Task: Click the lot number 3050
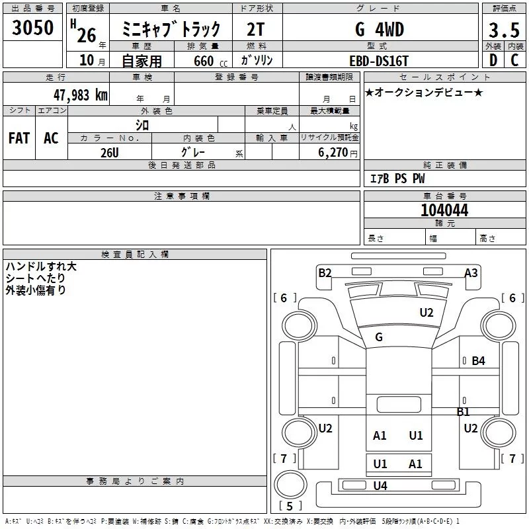pyautogui.click(x=32, y=28)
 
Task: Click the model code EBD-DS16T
pyautogui.click(x=379, y=60)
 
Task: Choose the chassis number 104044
pyautogui.click(x=444, y=210)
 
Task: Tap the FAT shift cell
pyautogui.click(x=19, y=138)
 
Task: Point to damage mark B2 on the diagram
pyautogui.click(x=325, y=272)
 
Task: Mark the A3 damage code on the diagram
pyautogui.click(x=471, y=272)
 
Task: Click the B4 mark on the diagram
pyautogui.click(x=478, y=361)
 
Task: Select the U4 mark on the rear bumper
pyautogui.click(x=380, y=486)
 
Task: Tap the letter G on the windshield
pyautogui.click(x=379, y=337)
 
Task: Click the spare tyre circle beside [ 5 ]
pyautogui.click(x=287, y=485)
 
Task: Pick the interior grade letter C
pyautogui.click(x=514, y=60)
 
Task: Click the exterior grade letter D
pyautogui.click(x=493, y=60)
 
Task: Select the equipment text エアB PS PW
pyautogui.click(x=397, y=179)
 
